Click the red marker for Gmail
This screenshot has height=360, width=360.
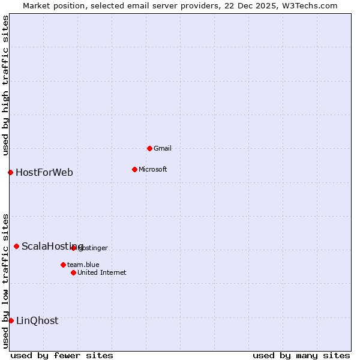click(149, 148)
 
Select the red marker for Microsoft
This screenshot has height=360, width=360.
click(134, 169)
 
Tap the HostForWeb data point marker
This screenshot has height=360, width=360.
click(10, 173)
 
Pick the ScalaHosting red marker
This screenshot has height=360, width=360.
click(16, 246)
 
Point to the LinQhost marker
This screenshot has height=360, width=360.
click(11, 320)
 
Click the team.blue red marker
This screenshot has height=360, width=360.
click(63, 265)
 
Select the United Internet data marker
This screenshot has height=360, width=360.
click(73, 272)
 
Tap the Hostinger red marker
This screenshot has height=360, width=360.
click(73, 248)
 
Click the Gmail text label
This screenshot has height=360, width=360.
click(162, 148)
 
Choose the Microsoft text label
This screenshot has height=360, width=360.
click(152, 169)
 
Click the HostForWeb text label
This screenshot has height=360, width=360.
click(44, 173)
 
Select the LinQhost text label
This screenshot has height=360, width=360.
click(37, 320)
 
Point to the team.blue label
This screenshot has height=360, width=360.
click(83, 265)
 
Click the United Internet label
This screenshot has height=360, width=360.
click(101, 272)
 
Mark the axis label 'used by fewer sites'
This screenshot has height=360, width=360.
click(62, 355)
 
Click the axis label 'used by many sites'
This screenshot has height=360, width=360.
click(301, 355)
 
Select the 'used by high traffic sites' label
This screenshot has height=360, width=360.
click(5, 85)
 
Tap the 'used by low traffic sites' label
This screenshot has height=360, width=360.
click(5, 280)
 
